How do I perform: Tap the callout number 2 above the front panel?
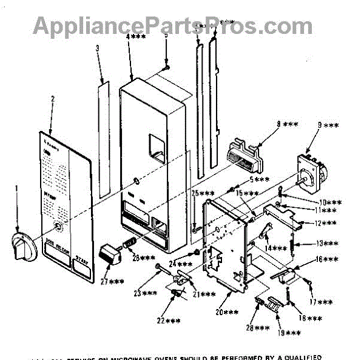coord(52,99)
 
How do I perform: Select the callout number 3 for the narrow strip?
coord(97,56)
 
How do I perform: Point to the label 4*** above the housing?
coord(136,37)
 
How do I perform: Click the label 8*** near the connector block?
coord(287,124)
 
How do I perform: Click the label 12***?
coord(326,224)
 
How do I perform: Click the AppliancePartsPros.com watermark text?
coord(173,25)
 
